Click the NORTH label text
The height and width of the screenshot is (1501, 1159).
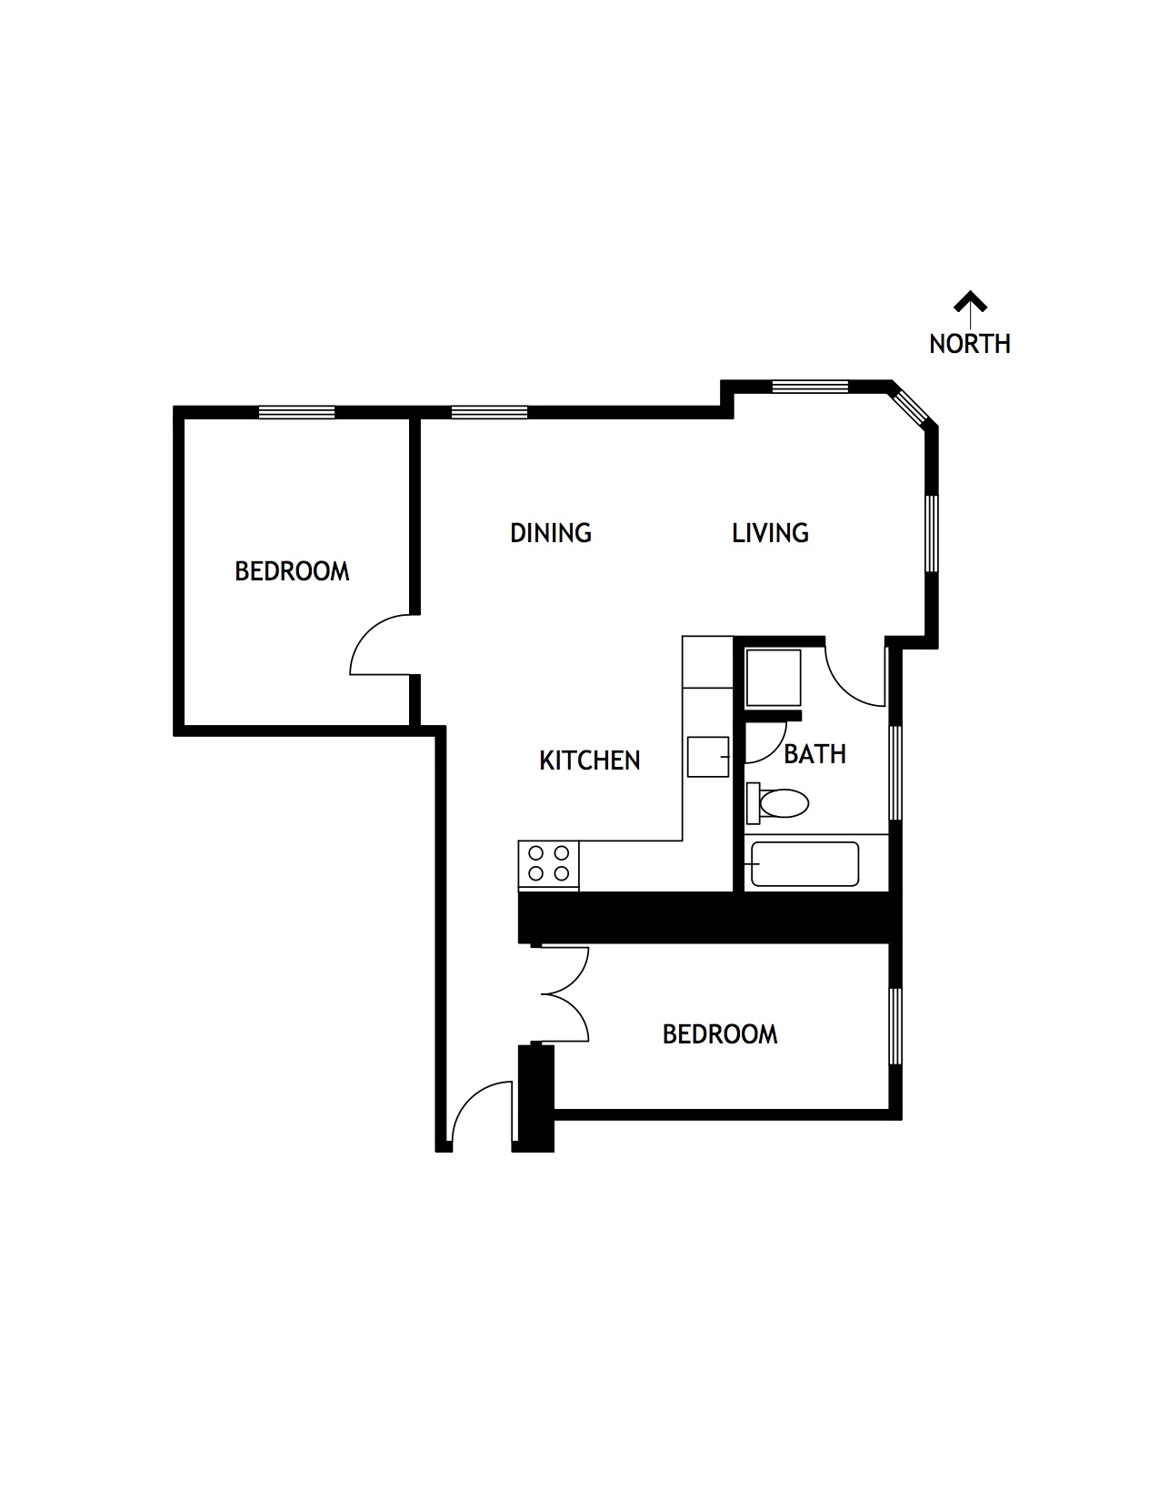point(969,344)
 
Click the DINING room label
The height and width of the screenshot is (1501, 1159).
point(550,532)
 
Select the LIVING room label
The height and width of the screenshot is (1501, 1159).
point(770,532)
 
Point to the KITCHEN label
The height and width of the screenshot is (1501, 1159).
point(589,760)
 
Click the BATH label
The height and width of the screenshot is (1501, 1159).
point(814,754)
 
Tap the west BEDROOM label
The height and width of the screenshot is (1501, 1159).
point(292,571)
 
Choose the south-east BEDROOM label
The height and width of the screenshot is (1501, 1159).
point(719,1034)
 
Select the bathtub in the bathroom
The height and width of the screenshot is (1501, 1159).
point(804,864)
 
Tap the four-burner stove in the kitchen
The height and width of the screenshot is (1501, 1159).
point(549,864)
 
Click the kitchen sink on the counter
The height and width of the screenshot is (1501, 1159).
point(708,757)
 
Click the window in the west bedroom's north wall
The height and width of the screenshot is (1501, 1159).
point(296,412)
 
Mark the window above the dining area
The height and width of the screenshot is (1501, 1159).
point(489,412)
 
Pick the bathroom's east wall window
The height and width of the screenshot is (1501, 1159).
point(895,772)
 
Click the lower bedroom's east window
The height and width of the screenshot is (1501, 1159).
point(895,1026)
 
